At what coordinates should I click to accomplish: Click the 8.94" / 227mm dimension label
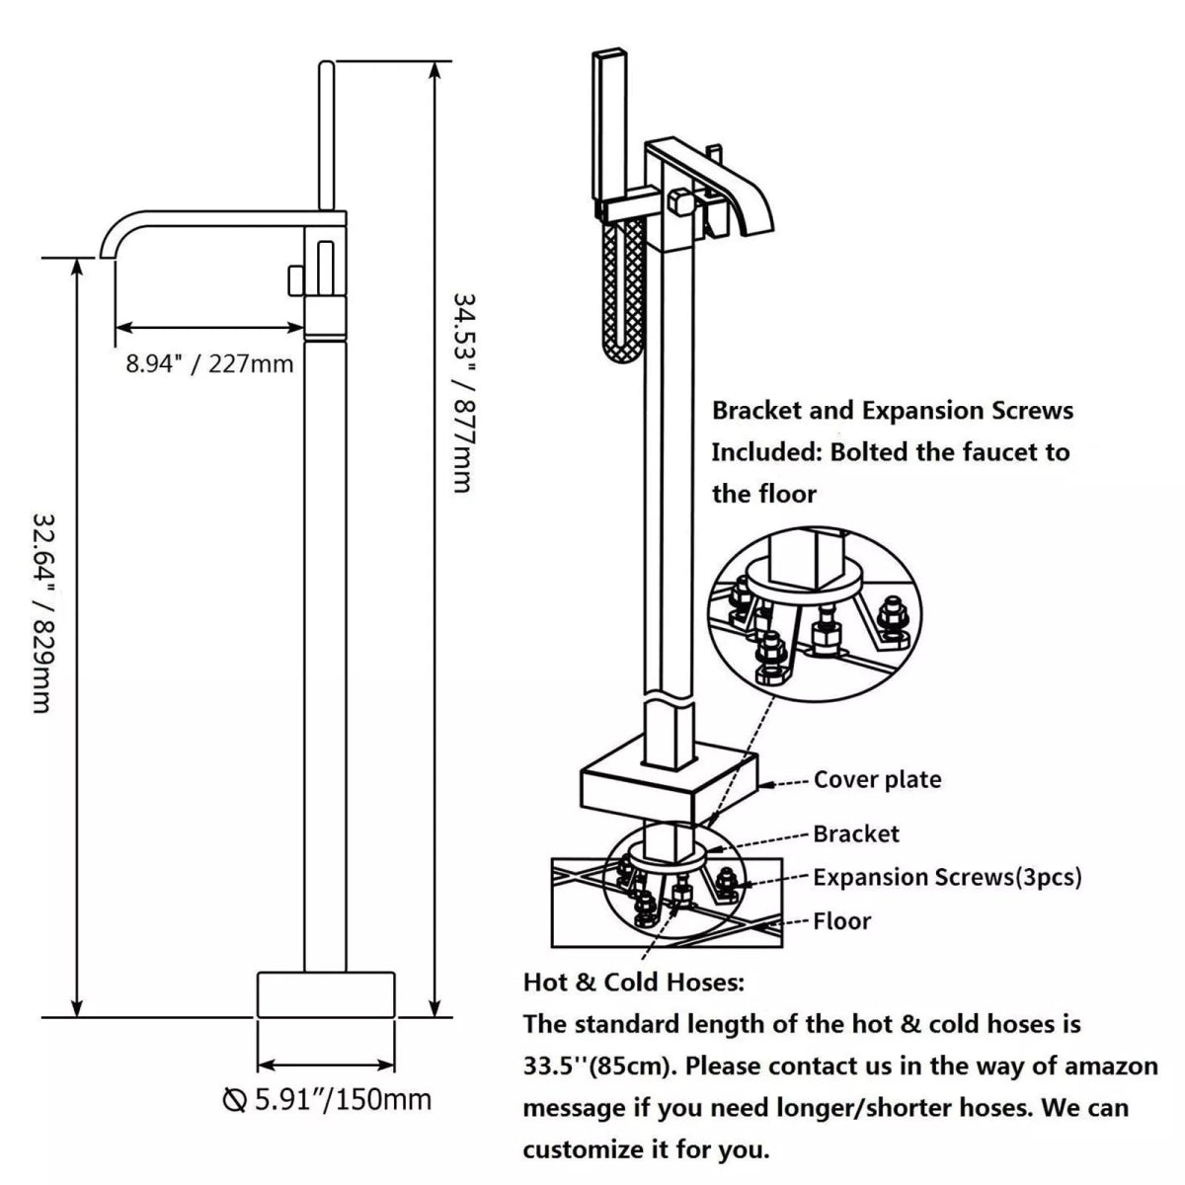(209, 364)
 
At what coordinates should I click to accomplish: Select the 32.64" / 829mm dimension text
(41, 611)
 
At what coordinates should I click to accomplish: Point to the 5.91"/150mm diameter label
(328, 1099)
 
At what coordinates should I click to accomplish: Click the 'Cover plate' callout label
(877, 780)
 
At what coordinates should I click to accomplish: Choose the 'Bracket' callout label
(856, 834)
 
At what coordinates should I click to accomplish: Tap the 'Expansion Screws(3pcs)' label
(947, 877)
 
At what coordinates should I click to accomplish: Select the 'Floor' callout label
(842, 922)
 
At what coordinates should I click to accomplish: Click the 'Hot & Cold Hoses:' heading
(633, 983)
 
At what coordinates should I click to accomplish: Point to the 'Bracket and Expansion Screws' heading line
(893, 410)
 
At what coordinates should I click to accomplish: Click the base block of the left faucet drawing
(326, 994)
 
